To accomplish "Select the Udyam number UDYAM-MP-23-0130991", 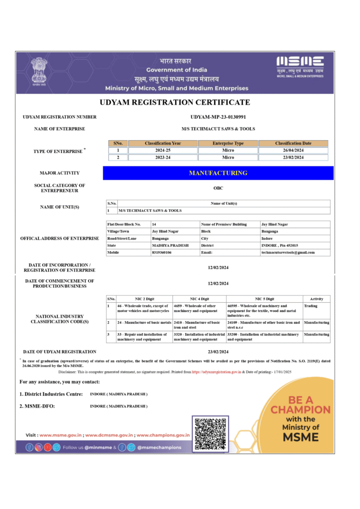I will point(218,117).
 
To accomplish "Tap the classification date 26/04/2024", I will point(293,150).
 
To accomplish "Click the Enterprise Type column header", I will point(228,143).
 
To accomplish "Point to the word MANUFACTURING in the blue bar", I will point(218,173).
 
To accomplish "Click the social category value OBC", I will point(218,188).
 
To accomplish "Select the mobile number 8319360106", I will point(162,253).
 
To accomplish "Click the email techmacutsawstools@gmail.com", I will point(288,253).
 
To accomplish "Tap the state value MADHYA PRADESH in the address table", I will point(170,246).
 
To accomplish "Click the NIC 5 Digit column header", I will point(264,299).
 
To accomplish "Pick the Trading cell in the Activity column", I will point(311,306).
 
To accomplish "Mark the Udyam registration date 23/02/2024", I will point(218,351).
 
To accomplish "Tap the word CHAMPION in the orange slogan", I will point(300,410).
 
